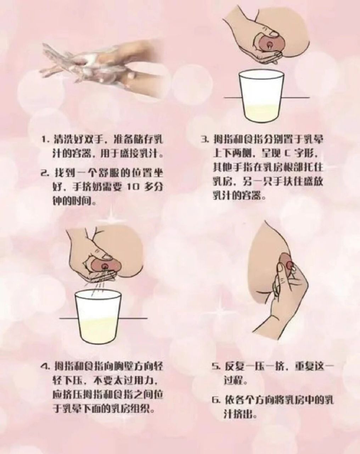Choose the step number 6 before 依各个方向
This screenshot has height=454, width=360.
(x=215, y=400)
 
